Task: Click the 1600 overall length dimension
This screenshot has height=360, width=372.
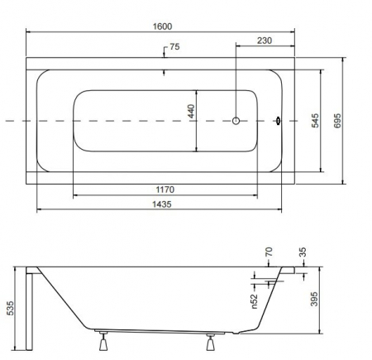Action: coord(162,26)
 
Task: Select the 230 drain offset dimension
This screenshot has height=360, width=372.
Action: coord(265,41)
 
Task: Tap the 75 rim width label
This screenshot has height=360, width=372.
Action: coord(174,46)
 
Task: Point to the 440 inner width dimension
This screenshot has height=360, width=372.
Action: coord(191,111)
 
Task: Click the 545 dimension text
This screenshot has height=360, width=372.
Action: coord(315,120)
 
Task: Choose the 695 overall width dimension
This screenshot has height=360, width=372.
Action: coord(337,121)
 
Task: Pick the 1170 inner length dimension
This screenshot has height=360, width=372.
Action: coord(165,190)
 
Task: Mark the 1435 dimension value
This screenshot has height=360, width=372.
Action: coord(162,204)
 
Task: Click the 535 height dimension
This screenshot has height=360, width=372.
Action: coord(10,308)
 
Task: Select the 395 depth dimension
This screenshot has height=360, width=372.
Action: coord(314,299)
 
